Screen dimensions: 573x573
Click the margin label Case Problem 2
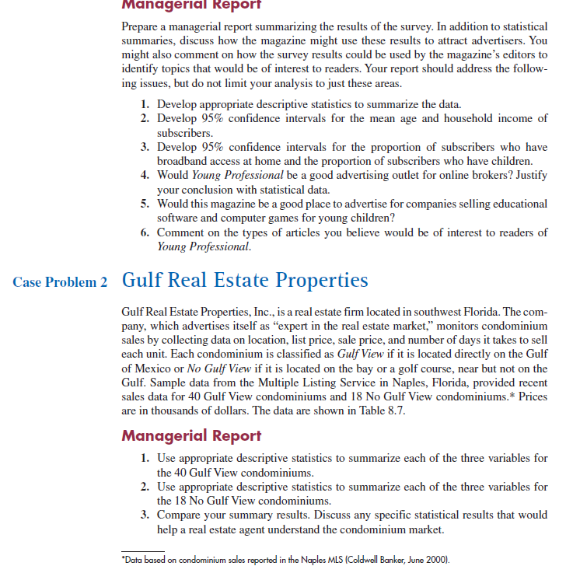59,282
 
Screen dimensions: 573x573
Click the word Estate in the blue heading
236,280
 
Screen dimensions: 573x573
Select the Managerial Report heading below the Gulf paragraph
191,435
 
